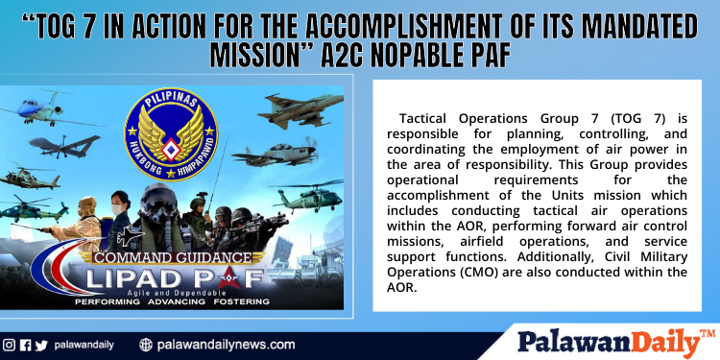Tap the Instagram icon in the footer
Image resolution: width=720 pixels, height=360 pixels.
point(9,345)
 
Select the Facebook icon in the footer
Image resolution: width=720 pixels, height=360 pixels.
point(25,345)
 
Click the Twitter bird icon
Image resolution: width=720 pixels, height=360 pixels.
point(40,345)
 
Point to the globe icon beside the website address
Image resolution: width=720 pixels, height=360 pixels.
point(146,345)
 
